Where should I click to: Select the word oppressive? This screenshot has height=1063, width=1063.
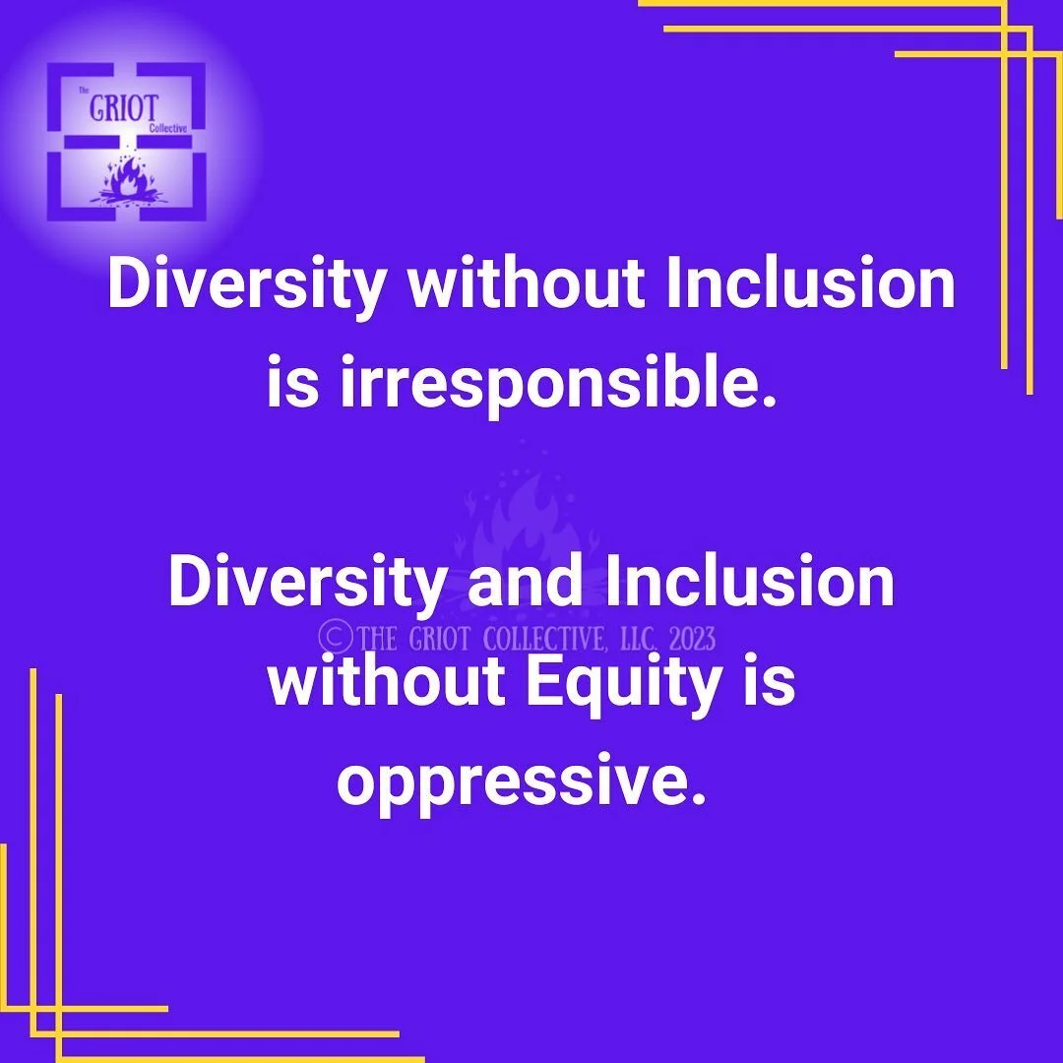tap(522, 783)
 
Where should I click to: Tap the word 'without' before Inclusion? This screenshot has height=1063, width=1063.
tap(526, 284)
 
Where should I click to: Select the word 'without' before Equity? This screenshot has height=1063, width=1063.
tap(385, 682)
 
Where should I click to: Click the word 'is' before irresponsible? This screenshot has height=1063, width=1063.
tap(292, 385)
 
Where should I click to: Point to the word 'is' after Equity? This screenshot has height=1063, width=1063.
tap(767, 682)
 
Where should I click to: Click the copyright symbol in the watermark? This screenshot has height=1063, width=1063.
tap(336, 638)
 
